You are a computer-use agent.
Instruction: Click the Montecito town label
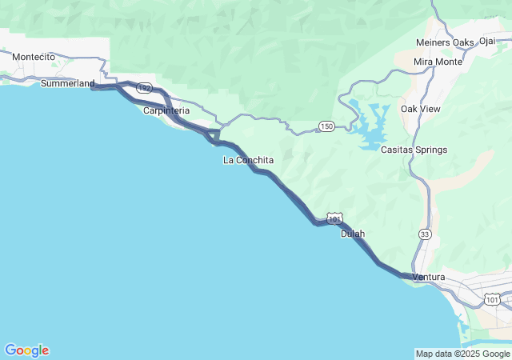coord(33,57)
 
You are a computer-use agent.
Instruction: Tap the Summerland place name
coord(67,83)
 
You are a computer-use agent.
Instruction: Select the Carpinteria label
coord(166,110)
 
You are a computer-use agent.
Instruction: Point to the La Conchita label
coord(248,160)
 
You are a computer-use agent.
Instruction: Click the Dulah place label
coord(353,234)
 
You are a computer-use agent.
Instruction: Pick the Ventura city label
coord(428,277)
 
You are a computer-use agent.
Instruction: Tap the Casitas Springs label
coord(414,150)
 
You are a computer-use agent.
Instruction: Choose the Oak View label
coord(420,108)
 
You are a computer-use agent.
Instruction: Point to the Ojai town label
coord(487,42)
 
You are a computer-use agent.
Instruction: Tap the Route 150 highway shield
coord(326,126)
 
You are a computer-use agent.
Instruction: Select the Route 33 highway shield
coord(424,234)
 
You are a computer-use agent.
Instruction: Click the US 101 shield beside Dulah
coord(334,218)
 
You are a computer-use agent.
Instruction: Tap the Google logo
coord(26,350)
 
